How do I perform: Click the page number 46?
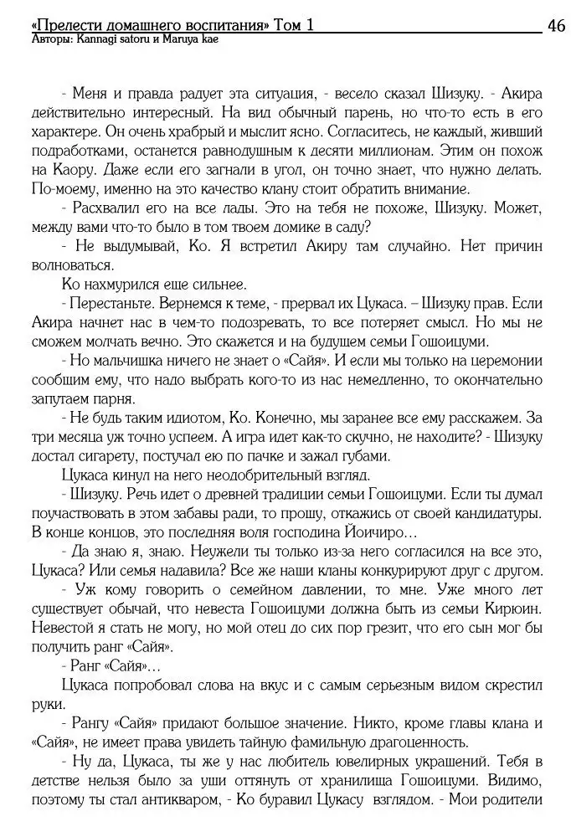tap(554, 26)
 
